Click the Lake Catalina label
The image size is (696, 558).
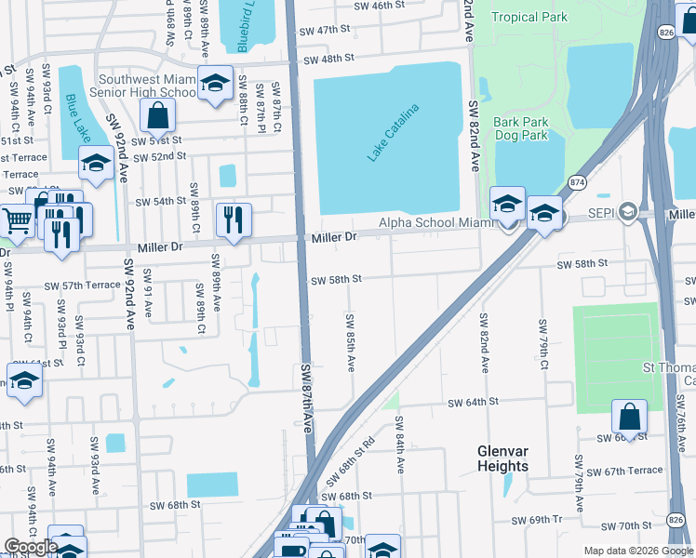[393, 134]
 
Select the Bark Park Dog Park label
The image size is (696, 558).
[520, 128]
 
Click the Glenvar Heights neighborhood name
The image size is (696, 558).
[502, 458]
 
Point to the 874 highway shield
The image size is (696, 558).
[578, 184]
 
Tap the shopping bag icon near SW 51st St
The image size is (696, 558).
[157, 116]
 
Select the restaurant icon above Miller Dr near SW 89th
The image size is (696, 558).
[233, 219]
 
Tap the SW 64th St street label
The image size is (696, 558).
[474, 403]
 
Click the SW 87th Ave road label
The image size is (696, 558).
[307, 397]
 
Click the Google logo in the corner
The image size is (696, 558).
[31, 547]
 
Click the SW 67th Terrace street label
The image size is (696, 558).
[632, 472]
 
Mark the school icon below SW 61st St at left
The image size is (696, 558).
[24, 380]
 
